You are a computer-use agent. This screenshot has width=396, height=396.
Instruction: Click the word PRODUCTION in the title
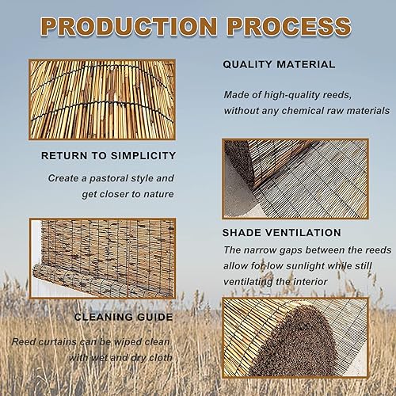pyautogui.click(x=129, y=26)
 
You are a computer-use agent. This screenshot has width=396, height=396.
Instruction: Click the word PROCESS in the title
pyautogui.click(x=289, y=26)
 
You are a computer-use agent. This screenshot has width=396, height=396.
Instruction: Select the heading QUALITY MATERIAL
pyautogui.click(x=279, y=65)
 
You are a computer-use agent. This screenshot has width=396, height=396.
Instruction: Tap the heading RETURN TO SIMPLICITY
pyautogui.click(x=109, y=156)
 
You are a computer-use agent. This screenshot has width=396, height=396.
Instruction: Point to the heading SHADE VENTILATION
pyautogui.click(x=282, y=233)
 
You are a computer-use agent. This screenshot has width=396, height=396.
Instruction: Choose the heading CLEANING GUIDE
pyautogui.click(x=124, y=317)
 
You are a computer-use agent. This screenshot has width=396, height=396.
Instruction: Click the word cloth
pyautogui.click(x=161, y=358)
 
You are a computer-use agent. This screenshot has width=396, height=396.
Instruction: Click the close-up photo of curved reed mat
pyautogui.click(x=102, y=100)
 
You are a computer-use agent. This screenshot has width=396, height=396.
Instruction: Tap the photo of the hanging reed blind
pyautogui.click(x=102, y=258)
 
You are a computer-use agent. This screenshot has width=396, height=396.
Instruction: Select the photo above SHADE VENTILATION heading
pyautogui.click(x=295, y=179)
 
